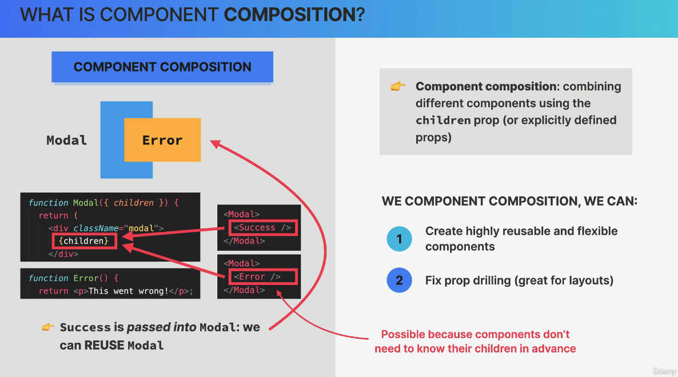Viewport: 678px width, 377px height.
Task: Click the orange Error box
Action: (162, 140)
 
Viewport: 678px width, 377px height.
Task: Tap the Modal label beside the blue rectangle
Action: (67, 140)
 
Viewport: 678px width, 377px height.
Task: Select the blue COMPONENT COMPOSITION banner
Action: (162, 67)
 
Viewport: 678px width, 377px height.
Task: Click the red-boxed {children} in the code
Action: (83, 241)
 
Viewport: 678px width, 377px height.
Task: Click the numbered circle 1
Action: (399, 239)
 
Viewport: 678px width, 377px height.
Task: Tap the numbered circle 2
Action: (399, 280)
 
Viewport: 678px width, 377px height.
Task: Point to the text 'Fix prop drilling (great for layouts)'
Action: (519, 280)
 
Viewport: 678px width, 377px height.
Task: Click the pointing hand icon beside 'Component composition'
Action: (398, 86)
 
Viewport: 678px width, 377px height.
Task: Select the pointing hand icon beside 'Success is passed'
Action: (48, 327)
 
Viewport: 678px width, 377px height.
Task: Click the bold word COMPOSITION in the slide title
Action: (289, 14)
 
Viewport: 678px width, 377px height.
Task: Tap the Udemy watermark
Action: (664, 371)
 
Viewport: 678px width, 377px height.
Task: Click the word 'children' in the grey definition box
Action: (443, 121)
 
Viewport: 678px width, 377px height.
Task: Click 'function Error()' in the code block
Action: (73, 278)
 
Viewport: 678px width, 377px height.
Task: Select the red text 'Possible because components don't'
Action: (475, 334)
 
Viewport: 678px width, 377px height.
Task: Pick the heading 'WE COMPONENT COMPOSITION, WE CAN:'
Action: (509, 201)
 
